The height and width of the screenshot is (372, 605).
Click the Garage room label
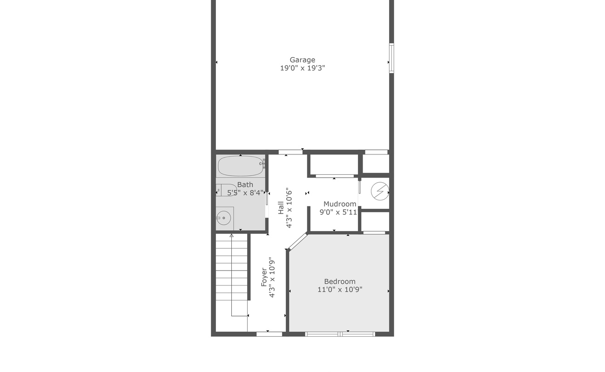point(302,60)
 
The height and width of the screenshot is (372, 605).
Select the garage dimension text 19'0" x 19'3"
point(302,68)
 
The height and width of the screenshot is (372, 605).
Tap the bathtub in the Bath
point(241,166)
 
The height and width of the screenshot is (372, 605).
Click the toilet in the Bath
point(228,190)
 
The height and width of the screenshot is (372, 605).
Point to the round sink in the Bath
point(224,217)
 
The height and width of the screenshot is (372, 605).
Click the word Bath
point(245,185)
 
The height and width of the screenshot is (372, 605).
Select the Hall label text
point(281,208)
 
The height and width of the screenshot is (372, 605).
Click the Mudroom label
point(340,204)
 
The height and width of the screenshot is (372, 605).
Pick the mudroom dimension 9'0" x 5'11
point(338,212)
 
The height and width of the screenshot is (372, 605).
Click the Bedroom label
point(340,281)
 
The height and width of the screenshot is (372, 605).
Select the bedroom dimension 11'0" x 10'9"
point(340,290)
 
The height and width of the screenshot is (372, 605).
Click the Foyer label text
point(264,276)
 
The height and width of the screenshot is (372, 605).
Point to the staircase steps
point(231,274)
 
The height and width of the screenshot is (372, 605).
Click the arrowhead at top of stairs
point(231,236)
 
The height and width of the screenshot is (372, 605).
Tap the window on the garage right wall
point(391,58)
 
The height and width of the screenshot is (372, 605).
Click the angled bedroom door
point(298,242)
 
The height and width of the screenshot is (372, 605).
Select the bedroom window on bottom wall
point(340,333)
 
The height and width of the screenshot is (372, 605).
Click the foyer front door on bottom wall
point(269,333)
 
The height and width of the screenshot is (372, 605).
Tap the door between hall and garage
point(290,152)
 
